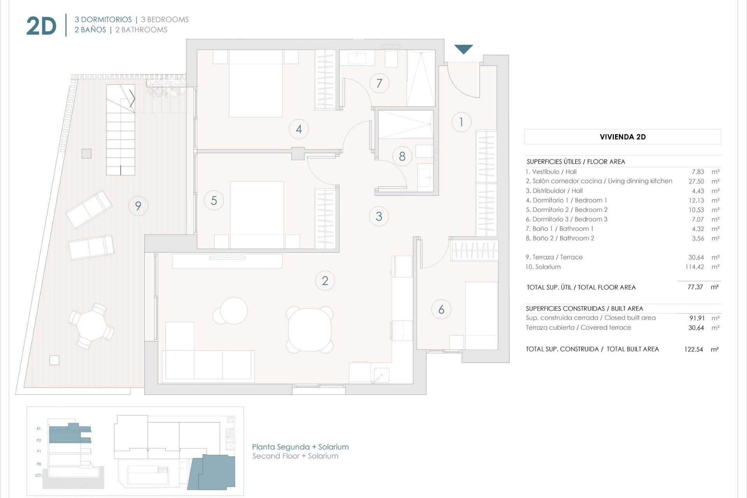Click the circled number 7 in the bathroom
pyautogui.click(x=379, y=83)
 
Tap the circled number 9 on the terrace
pyautogui.click(x=138, y=206)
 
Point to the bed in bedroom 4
pyautogui.click(x=256, y=84)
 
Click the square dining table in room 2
pyautogui.click(x=310, y=329)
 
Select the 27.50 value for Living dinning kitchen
pyautogui.click(x=696, y=181)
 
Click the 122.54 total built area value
pyautogui.click(x=693, y=349)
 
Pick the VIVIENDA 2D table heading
pyautogui.click(x=622, y=137)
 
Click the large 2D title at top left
pyautogui.click(x=41, y=26)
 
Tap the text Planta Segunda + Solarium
pyautogui.click(x=300, y=447)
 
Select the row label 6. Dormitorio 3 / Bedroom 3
pyautogui.click(x=566, y=219)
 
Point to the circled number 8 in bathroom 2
pyautogui.click(x=402, y=156)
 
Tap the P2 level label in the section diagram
pyautogui.click(x=39, y=440)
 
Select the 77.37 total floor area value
pyautogui.click(x=695, y=287)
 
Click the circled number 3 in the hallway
pyautogui.click(x=379, y=216)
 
